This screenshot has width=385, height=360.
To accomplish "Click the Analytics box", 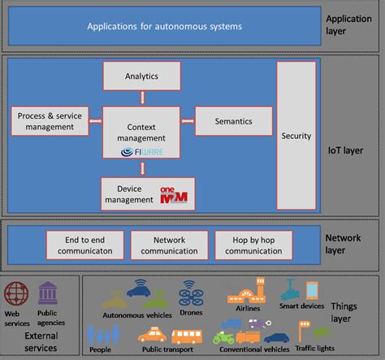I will point(141,76).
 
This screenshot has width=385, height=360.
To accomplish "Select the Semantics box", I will point(233,121).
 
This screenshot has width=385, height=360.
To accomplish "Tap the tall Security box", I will point(295,136).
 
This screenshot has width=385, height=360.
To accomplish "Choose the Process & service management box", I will point(48,122).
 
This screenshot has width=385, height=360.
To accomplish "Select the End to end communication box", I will point(84,245).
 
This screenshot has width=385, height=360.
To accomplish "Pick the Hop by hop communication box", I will point(253,245).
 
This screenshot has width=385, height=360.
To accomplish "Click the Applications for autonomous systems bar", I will point(165,27).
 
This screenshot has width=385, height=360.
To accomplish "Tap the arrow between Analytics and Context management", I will point(142,97).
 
